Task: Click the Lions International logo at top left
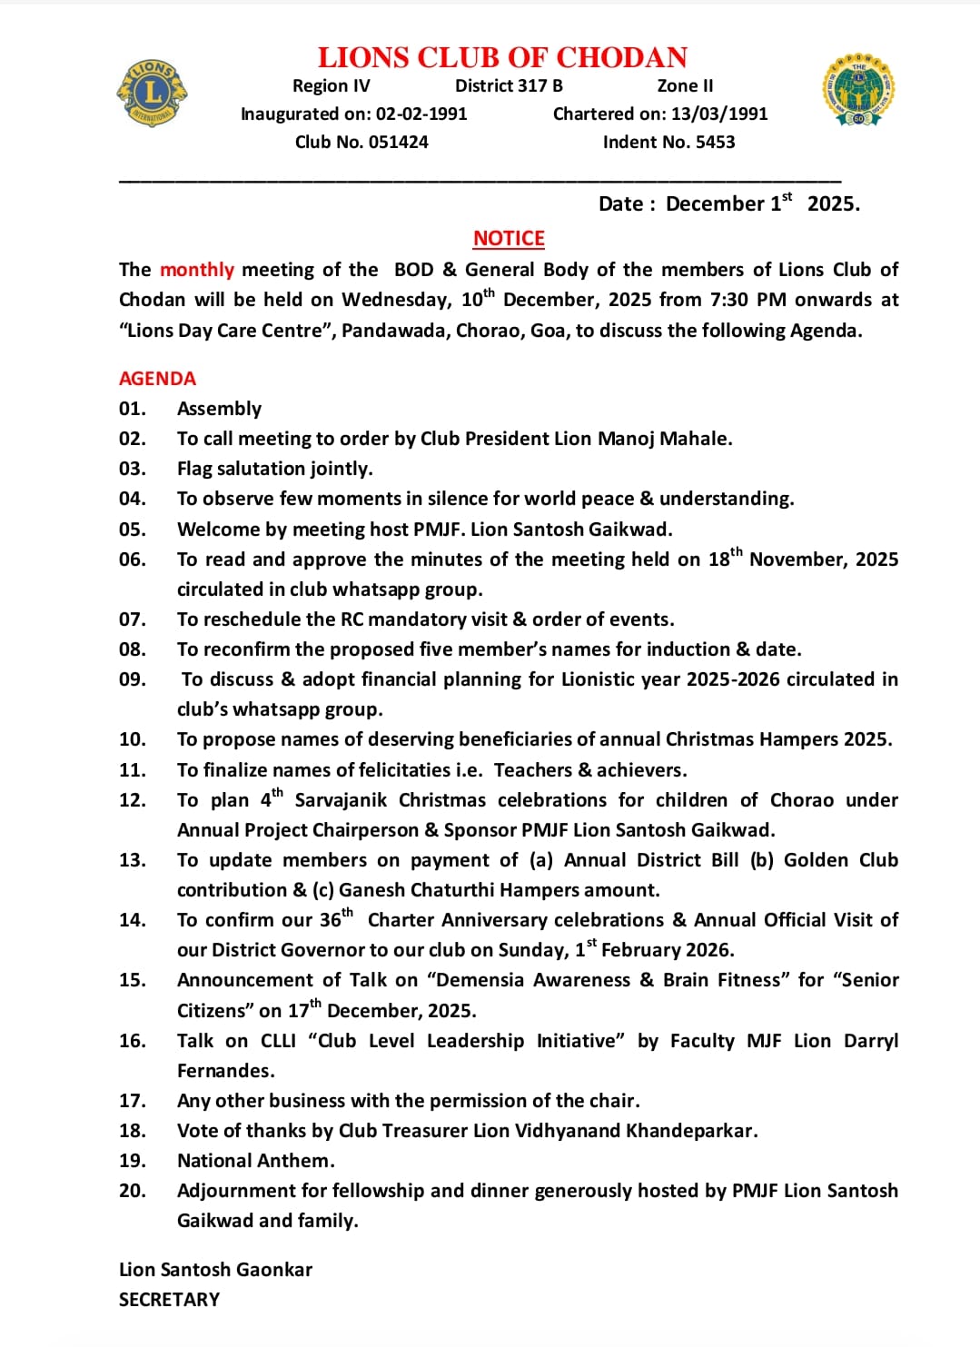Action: (152, 93)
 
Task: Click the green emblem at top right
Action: (858, 90)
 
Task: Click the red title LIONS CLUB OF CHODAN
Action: (502, 57)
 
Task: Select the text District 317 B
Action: (509, 85)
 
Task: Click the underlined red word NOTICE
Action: (509, 238)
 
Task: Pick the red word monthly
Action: (197, 270)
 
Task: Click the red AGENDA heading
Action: (157, 379)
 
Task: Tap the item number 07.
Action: (133, 619)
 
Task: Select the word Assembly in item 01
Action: (219, 409)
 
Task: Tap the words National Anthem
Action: (255, 1161)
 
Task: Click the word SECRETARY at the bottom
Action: (169, 1300)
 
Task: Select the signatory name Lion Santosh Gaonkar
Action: (215, 1270)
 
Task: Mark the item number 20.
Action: (133, 1191)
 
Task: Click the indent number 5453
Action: (715, 142)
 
